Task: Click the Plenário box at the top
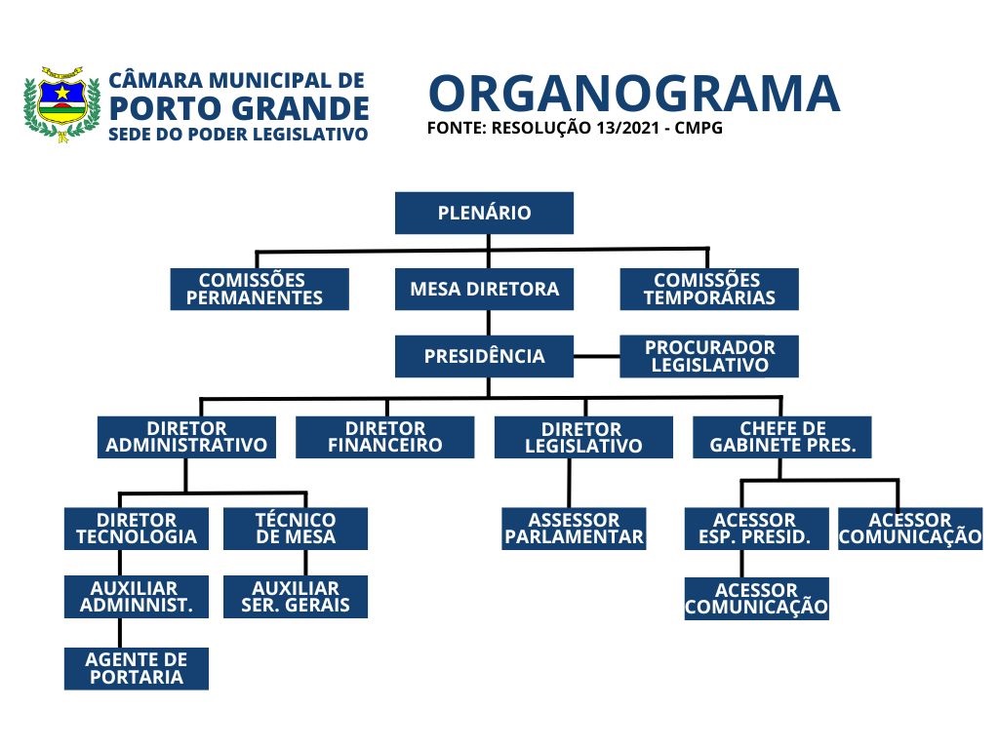point(484,213)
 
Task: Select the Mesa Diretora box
point(484,289)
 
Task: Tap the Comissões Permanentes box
point(260,289)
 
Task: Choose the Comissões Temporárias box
point(709,289)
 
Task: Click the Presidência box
point(484,356)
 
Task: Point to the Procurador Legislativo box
point(709,356)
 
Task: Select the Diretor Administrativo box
point(186,437)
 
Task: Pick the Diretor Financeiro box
point(384,437)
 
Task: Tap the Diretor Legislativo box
point(583,437)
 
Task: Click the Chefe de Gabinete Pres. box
point(782,437)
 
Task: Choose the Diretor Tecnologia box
point(137,529)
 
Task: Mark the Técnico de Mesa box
point(296,529)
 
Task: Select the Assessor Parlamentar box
point(574,529)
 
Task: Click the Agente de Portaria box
point(137,668)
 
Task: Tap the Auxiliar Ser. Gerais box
point(296,596)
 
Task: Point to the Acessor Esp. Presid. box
point(756,529)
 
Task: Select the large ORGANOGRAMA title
point(634,95)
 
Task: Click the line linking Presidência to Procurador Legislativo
point(597,356)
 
